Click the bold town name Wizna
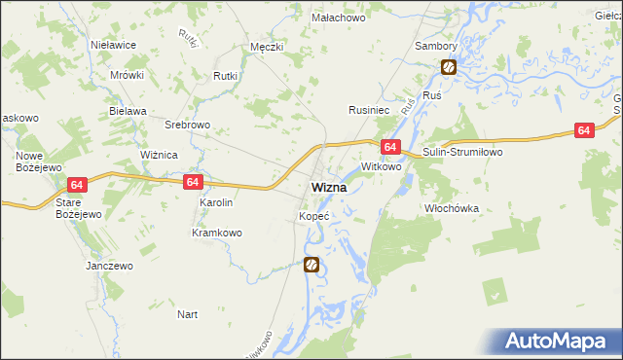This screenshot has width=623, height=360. (x=329, y=187)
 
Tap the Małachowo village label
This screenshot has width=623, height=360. (x=337, y=18)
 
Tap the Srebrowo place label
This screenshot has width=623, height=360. (x=187, y=126)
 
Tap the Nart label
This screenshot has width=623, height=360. (x=188, y=314)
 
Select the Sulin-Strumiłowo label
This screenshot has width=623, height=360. (x=460, y=153)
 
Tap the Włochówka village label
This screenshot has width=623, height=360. (x=452, y=208)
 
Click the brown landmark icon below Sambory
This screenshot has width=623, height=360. (x=449, y=67)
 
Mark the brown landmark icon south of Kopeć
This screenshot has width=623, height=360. (x=311, y=264)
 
